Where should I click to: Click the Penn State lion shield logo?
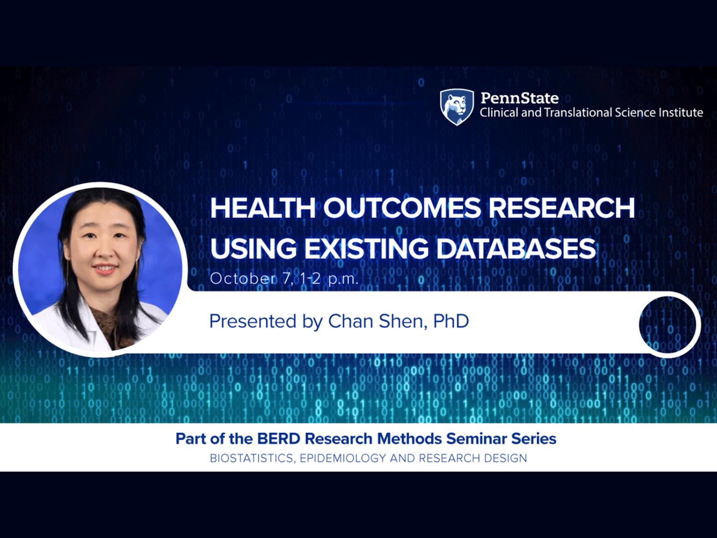[x=456, y=107]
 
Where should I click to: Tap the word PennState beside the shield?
[x=520, y=98]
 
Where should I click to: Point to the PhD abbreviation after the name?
[x=451, y=321]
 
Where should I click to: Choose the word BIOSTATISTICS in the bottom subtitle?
[x=252, y=459]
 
